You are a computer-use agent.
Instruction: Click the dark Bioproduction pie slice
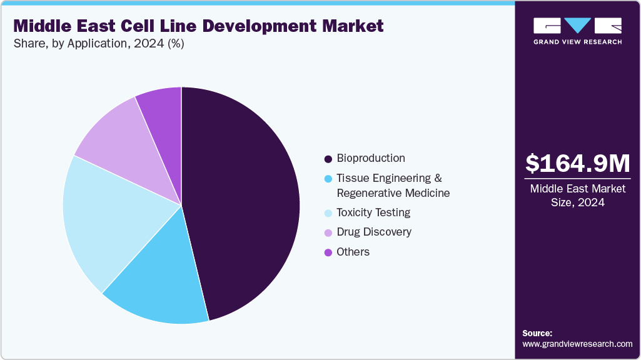pyautogui.click(x=244, y=200)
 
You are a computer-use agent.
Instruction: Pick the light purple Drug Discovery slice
pyautogui.click(x=122, y=137)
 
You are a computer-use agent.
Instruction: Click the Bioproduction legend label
pyautogui.click(x=371, y=158)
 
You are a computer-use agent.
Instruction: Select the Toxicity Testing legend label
pyautogui.click(x=373, y=212)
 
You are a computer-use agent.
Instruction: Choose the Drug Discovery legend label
pyautogui.click(x=374, y=232)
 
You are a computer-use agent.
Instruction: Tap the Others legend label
pyautogui.click(x=353, y=252)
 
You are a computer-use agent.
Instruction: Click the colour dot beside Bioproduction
pyautogui.click(x=328, y=159)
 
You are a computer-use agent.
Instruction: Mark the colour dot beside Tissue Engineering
pyautogui.click(x=328, y=179)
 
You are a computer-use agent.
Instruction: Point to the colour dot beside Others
pyautogui.click(x=328, y=252)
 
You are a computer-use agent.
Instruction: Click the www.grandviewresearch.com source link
pyautogui.click(x=577, y=344)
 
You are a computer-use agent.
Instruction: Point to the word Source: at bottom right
pyautogui.click(x=537, y=333)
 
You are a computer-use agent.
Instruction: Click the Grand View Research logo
pyautogui.click(x=577, y=30)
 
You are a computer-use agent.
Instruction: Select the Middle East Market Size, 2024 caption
pyautogui.click(x=577, y=195)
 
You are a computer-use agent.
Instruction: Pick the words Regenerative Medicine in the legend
pyautogui.click(x=393, y=193)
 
